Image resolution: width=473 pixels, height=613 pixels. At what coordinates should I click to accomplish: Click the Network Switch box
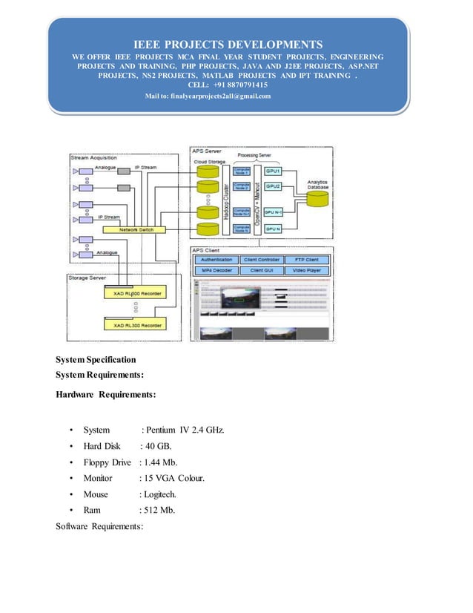click(x=136, y=230)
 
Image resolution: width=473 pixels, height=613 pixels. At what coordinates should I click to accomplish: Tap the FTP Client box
click(x=302, y=260)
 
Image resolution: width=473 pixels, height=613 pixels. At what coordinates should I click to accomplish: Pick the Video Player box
click(x=302, y=271)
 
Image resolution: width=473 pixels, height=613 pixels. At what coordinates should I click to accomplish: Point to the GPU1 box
click(x=274, y=171)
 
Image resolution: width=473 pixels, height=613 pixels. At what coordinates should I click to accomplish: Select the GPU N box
click(x=274, y=229)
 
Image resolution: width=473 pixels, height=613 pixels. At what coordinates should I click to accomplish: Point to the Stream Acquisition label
click(x=93, y=158)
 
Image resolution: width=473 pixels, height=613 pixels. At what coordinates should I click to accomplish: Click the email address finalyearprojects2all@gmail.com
click(x=208, y=96)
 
